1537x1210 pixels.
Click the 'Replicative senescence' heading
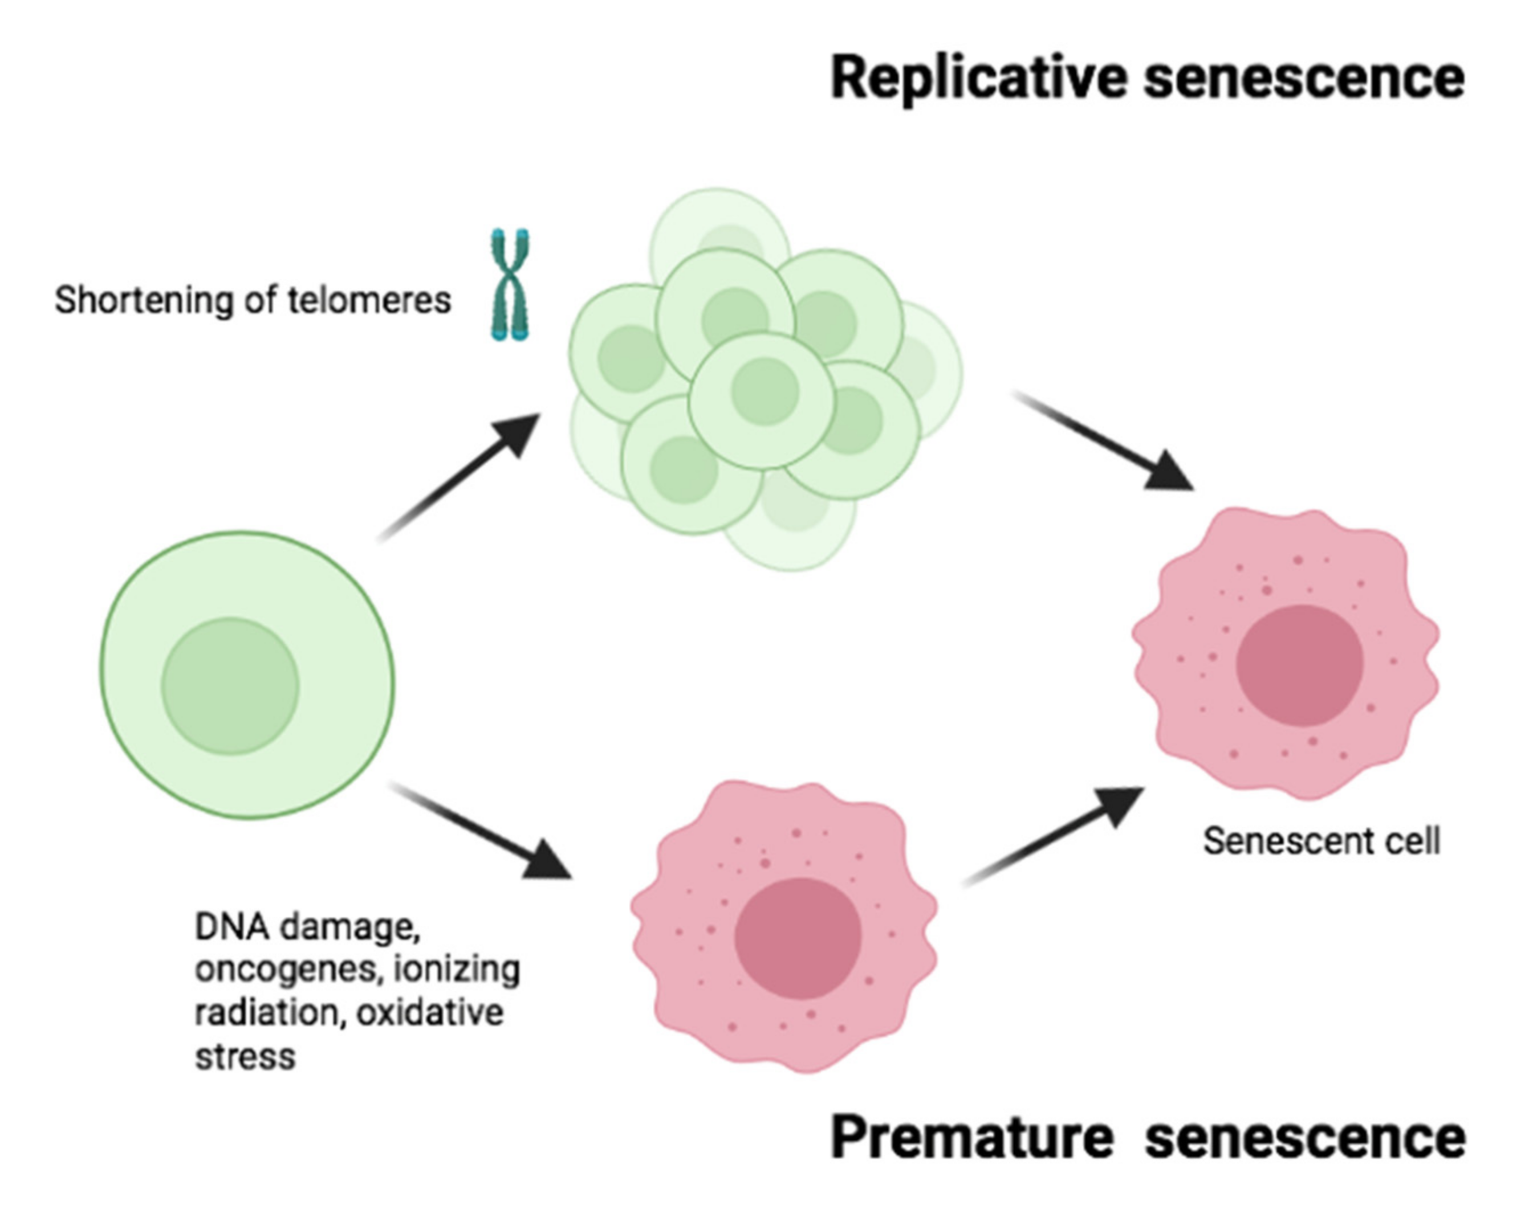(1146, 77)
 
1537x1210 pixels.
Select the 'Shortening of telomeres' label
(253, 300)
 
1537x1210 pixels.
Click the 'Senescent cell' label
(1321, 841)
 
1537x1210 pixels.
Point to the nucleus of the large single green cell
(230, 686)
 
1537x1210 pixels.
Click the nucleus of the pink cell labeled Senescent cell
(1299, 665)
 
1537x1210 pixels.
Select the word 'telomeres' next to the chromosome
(369, 300)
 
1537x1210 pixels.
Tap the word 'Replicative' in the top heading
(978, 77)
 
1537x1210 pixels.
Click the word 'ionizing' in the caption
(457, 970)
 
